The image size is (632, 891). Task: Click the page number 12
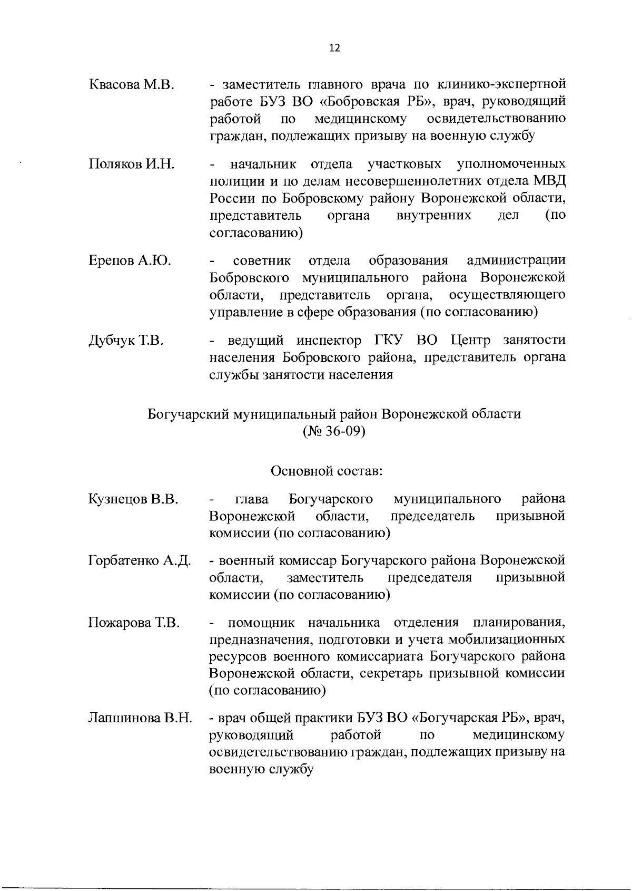click(334, 48)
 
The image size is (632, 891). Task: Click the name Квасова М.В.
click(131, 85)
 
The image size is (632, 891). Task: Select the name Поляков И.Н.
click(131, 164)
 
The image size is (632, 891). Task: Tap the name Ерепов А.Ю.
click(129, 261)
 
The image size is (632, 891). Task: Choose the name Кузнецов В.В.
click(133, 499)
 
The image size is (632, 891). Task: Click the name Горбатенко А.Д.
click(140, 560)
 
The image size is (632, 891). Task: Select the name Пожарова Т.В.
click(134, 623)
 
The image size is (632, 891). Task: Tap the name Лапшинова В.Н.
click(140, 718)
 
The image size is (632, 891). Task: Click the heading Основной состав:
click(326, 470)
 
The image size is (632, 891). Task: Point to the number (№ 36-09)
click(334, 431)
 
